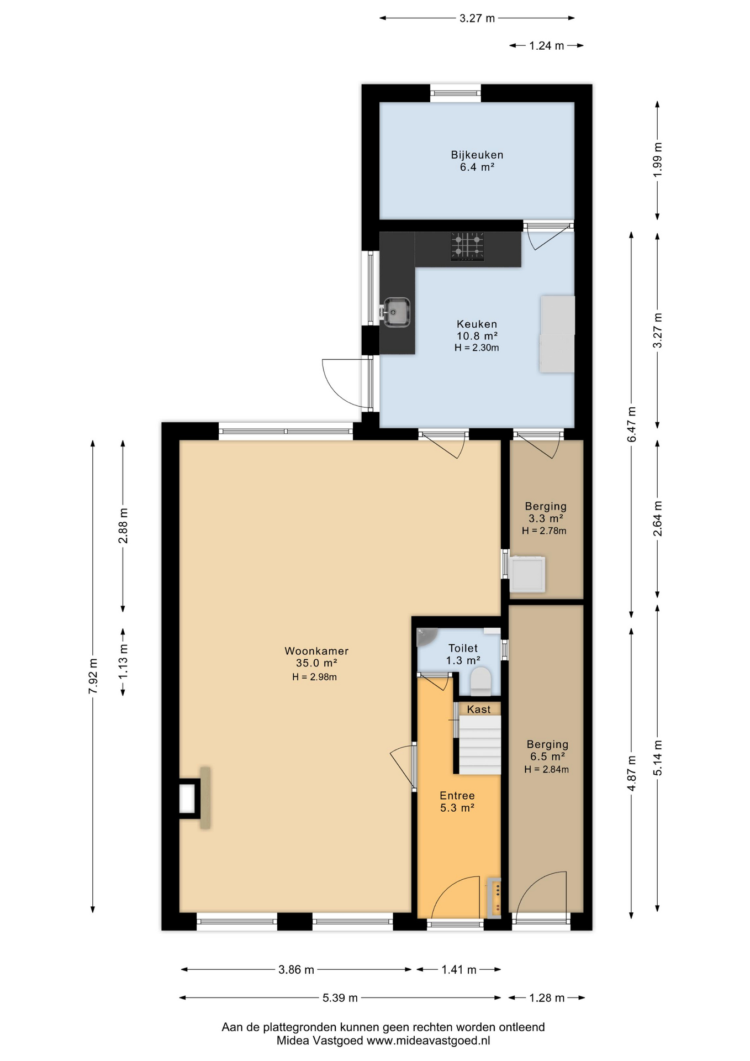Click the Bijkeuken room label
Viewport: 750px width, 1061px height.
pos(477,155)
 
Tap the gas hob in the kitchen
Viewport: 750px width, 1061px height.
pos(468,246)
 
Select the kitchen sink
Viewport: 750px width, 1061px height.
pos(396,312)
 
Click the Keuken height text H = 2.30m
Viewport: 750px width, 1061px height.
pos(477,348)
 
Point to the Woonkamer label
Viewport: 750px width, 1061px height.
pos(316,651)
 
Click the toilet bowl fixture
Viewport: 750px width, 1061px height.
pos(480,681)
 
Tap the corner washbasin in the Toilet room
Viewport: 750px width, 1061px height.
pos(426,636)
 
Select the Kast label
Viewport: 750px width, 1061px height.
pos(478,710)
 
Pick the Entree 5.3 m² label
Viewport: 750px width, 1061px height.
pos(457,802)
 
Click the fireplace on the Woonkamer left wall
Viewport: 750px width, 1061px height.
pos(194,797)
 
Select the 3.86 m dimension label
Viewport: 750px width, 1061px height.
pos(297,969)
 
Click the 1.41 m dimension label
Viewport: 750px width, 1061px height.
pos(459,969)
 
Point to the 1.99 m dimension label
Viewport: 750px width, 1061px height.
pos(657,160)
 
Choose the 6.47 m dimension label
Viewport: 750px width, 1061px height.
pos(632,424)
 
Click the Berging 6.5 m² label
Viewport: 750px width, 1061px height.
pos(547,750)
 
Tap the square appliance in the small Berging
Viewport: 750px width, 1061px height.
pos(527,575)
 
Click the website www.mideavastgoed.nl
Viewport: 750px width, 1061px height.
pos(428,1041)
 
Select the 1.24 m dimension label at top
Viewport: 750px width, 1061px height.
pos(547,46)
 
